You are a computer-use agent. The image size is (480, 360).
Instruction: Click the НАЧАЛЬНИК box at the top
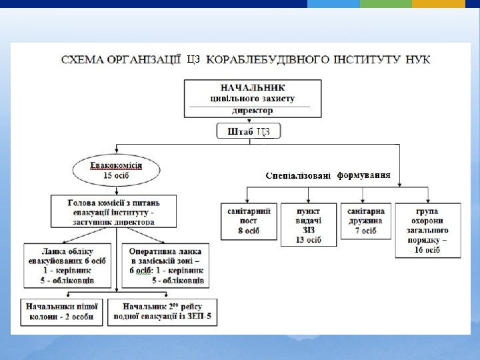pos(252,98)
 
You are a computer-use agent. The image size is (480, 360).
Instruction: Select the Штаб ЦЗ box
pos(249,131)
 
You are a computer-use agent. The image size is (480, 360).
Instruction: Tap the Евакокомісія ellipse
pos(117,170)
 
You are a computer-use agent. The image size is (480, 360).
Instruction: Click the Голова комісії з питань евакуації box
pos(114,211)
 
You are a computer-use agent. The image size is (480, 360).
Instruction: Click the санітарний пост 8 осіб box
pos(249,221)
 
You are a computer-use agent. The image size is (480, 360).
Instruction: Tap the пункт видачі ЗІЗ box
pos(308,224)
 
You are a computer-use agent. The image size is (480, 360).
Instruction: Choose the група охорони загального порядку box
pos(427,230)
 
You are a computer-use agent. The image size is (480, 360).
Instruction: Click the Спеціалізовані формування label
pos(327,176)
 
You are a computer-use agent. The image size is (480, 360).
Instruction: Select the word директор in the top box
pos(252,111)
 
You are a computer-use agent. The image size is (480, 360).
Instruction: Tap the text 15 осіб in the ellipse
pos(117,176)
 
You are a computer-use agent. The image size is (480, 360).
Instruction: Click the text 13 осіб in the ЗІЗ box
pos(308,239)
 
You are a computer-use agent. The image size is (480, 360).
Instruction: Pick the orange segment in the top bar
pos(438,4)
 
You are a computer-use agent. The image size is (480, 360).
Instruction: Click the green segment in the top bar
pos(385,4)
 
